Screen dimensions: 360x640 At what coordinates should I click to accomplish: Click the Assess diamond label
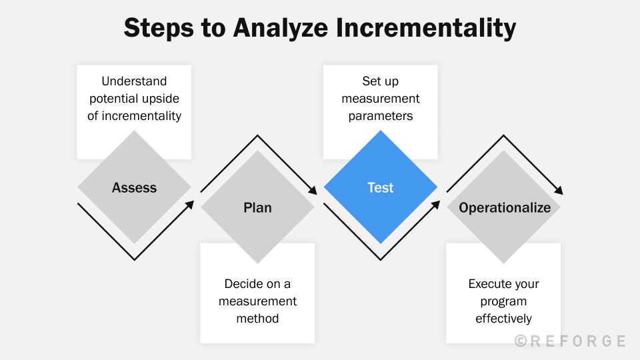coord(134,187)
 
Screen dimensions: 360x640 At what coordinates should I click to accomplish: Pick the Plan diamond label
coord(257,207)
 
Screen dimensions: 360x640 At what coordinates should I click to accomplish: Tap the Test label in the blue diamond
coord(381,187)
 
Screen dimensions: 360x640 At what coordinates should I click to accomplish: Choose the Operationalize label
coord(505,207)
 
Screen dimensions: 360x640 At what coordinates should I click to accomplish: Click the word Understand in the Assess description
coord(134,81)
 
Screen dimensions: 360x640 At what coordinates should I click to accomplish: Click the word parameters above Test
coord(381,116)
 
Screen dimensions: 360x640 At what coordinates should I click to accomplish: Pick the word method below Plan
coord(257,319)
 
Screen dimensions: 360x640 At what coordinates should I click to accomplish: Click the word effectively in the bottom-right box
coord(503,319)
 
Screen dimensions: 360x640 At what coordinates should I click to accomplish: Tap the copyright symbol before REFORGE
coord(521,341)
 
